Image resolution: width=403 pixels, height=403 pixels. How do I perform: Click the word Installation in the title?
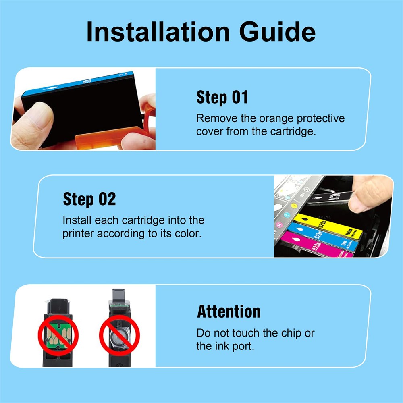pyautogui.click(x=158, y=31)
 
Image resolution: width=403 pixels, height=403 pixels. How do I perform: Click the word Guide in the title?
pyautogui.click(x=277, y=31)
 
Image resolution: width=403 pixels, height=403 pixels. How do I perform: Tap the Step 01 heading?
pyautogui.click(x=222, y=97)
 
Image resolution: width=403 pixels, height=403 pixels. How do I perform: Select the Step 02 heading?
pyautogui.click(x=89, y=199)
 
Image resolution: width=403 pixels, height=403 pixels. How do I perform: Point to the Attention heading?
pyautogui.click(x=229, y=311)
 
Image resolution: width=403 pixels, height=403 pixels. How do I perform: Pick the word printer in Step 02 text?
pyautogui.click(x=78, y=234)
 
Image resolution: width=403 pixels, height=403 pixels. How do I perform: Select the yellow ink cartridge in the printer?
pyautogui.click(x=328, y=226)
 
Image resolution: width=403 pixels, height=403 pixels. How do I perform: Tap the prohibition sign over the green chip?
pyautogui.click(x=58, y=335)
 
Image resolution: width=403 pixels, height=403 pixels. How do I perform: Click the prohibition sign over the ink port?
pyautogui.click(x=120, y=335)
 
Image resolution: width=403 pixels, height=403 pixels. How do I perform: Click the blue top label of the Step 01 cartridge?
pyautogui.click(x=77, y=83)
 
